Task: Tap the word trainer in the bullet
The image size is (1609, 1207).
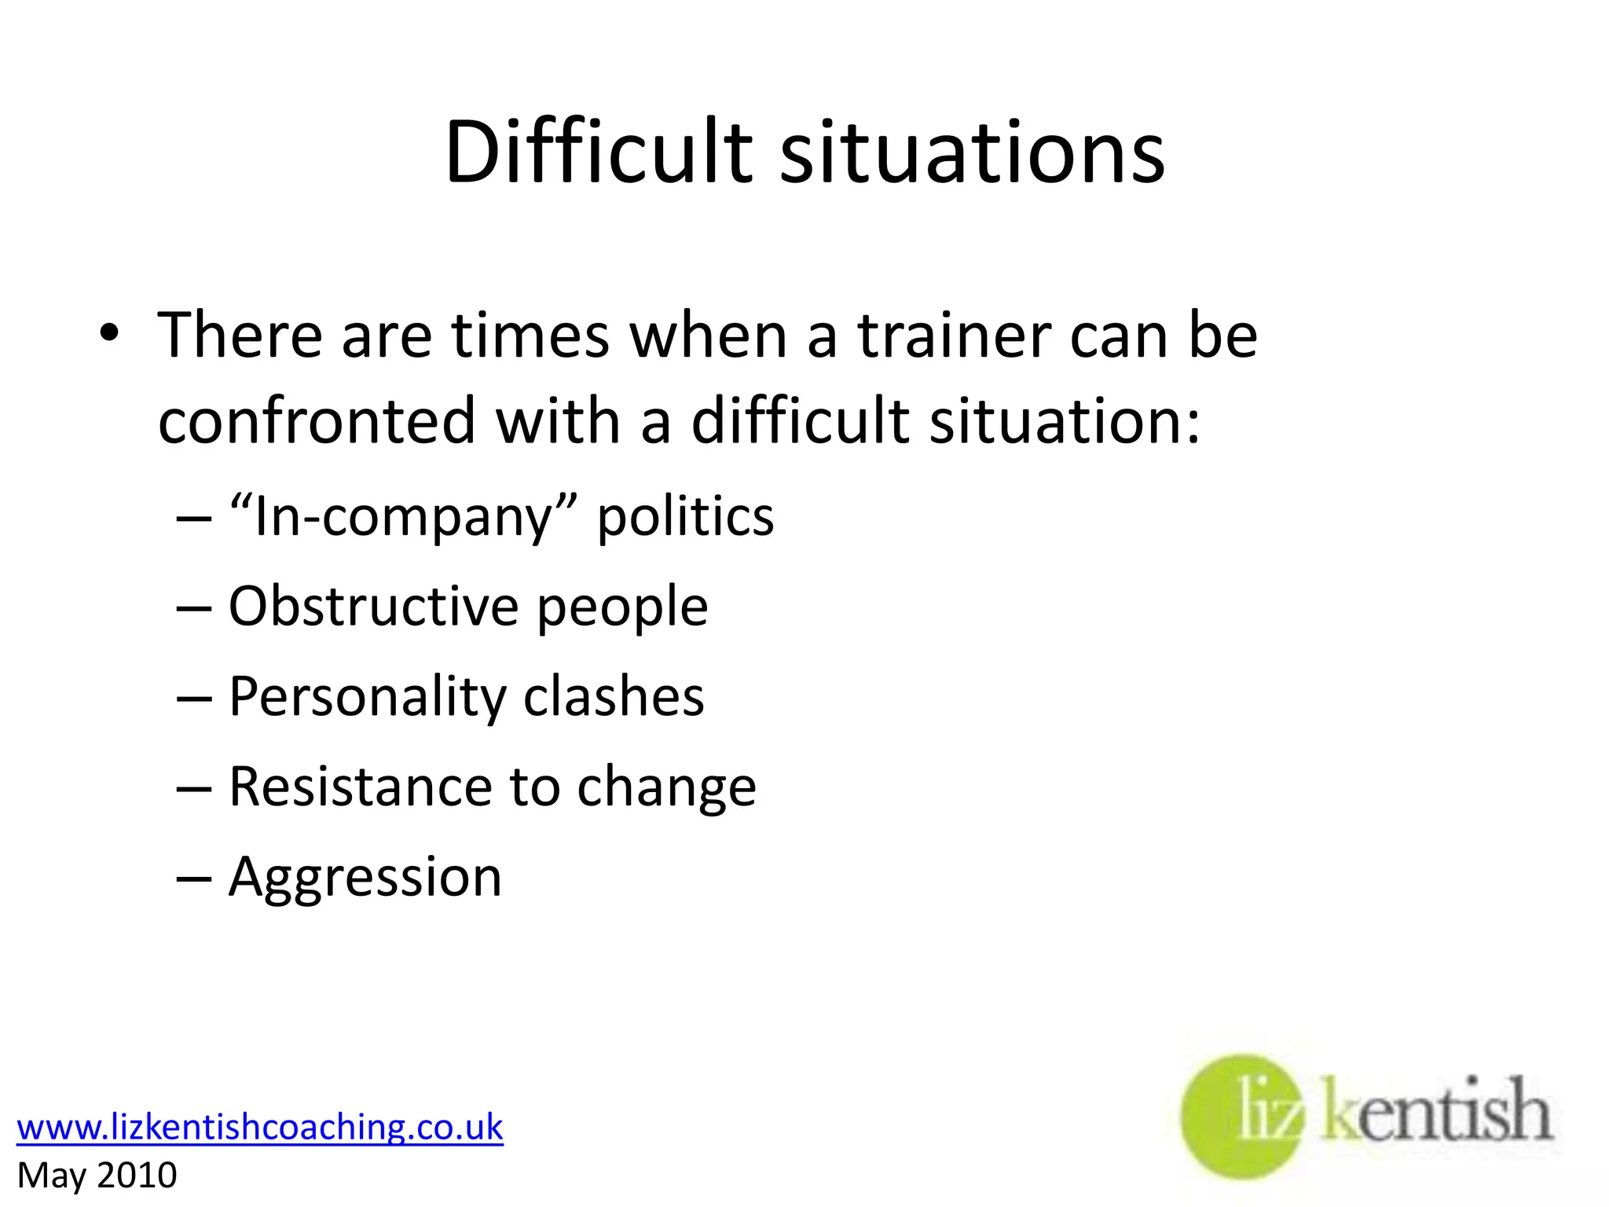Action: tap(954, 336)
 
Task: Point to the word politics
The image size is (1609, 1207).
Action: tap(685, 518)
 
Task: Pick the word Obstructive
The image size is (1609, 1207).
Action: tap(373, 607)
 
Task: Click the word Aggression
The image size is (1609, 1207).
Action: tap(365, 878)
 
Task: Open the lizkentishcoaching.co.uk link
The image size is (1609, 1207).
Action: tap(259, 1127)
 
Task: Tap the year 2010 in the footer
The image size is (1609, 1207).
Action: tap(137, 1176)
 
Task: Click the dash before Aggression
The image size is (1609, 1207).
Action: tap(194, 878)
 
